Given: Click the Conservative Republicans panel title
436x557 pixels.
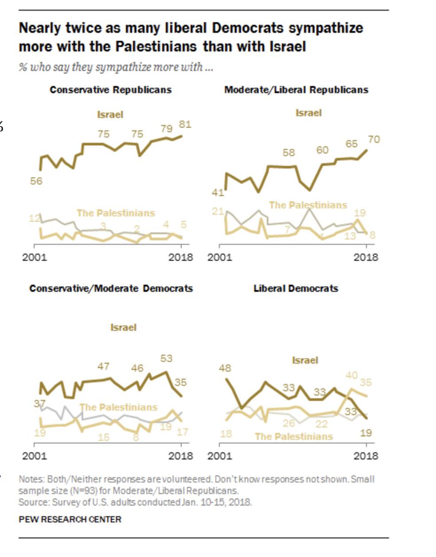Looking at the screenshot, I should click(x=110, y=90).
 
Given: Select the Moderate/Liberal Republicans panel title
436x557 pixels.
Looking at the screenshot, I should click(x=296, y=90).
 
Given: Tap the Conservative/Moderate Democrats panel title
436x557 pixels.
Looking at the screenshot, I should click(x=111, y=289).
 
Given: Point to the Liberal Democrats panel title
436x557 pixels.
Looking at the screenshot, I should click(x=296, y=289).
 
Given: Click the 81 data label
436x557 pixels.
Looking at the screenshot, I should click(x=185, y=124).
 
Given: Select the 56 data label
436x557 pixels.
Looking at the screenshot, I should click(x=36, y=181).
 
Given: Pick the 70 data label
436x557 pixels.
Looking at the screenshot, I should click(x=374, y=139).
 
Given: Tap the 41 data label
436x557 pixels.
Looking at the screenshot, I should click(x=218, y=192).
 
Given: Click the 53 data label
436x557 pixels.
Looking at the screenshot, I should click(x=166, y=358).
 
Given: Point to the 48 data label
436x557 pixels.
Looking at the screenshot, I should click(x=225, y=368).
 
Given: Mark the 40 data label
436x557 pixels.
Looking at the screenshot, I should click(x=352, y=375).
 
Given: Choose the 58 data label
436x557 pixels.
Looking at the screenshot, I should click(x=288, y=153).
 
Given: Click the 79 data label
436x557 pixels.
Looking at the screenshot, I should click(x=166, y=129).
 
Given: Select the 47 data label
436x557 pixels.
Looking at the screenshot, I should click(x=103, y=366).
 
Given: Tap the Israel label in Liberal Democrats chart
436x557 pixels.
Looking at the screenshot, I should click(x=305, y=360).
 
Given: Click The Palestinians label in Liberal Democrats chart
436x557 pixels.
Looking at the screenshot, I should click(x=294, y=437).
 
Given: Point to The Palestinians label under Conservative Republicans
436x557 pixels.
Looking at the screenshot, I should click(x=116, y=213).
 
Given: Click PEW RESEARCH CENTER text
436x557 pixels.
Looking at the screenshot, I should click(x=70, y=519).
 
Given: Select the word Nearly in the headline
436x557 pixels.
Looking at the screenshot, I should click(x=40, y=28).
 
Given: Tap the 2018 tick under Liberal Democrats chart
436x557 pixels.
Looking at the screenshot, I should click(x=366, y=456).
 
